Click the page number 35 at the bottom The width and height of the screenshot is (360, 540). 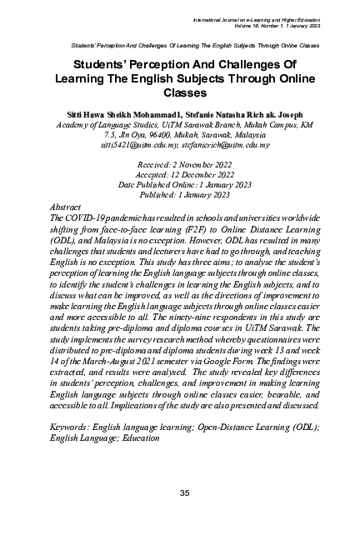tap(186, 494)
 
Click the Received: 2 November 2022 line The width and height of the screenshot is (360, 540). tap(185, 165)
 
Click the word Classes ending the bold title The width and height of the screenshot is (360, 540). tap(185, 92)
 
